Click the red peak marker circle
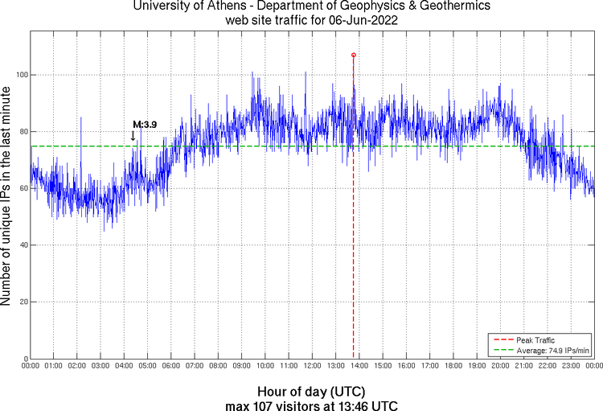point(354,55)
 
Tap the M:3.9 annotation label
point(145,124)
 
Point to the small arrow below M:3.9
point(133,136)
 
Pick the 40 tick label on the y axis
point(22,245)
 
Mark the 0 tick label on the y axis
point(24,359)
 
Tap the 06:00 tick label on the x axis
point(171,366)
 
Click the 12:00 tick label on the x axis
point(312,366)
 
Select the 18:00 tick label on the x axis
point(453,366)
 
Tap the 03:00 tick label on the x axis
point(100,366)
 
